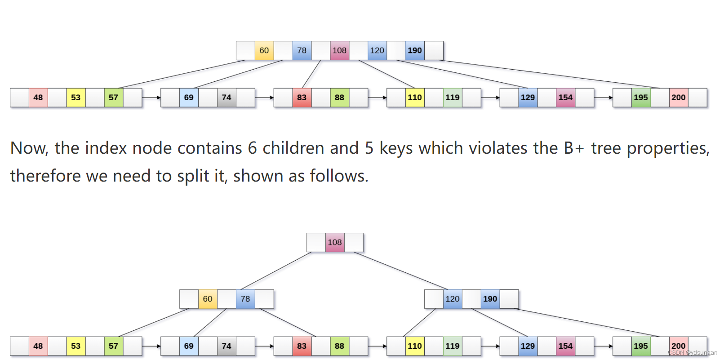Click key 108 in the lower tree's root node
point(335,242)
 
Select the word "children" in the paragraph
point(297,148)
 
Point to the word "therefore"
point(45,176)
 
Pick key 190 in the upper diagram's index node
point(415,50)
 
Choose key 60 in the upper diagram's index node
point(264,50)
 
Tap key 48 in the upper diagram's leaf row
point(38,98)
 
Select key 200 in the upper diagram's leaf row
point(678,98)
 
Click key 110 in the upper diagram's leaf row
point(414,98)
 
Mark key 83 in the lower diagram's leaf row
point(302,346)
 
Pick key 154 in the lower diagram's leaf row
point(565,346)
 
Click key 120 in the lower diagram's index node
point(453,299)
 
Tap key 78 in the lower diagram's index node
point(245,299)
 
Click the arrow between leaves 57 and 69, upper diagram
point(151,98)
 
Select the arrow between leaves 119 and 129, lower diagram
point(490,346)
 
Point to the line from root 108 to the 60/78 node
point(276,271)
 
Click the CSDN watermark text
point(693,353)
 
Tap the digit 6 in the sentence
point(252,148)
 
